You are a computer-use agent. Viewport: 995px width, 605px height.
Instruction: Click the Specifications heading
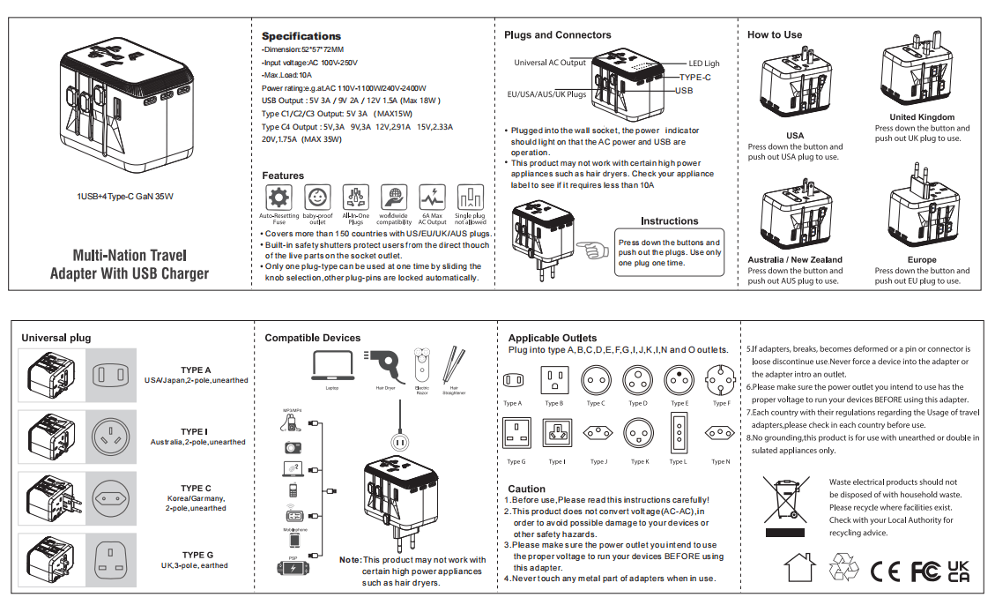[301, 36]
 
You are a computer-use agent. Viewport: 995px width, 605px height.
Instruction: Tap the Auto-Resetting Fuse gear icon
[278, 198]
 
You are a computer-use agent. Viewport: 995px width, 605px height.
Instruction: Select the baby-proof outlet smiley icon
[317, 198]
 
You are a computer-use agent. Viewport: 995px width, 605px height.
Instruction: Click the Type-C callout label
[695, 78]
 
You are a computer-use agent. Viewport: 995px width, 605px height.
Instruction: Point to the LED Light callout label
[704, 63]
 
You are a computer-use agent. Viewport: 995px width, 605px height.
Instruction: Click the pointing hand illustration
[593, 250]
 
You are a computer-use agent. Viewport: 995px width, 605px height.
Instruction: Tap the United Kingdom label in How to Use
[922, 117]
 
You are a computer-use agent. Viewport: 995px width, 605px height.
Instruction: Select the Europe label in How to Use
[922, 260]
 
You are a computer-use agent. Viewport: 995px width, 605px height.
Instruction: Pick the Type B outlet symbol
[553, 381]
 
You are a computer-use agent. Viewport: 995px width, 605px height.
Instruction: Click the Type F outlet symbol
[721, 381]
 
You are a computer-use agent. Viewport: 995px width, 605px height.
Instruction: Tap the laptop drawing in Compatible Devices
[332, 366]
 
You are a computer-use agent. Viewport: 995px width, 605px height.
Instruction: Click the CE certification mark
[885, 571]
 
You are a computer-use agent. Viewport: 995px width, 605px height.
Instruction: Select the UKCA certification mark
[958, 571]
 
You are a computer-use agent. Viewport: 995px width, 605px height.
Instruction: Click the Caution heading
[526, 489]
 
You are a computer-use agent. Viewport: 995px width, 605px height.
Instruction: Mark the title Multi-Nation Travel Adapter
[129, 264]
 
